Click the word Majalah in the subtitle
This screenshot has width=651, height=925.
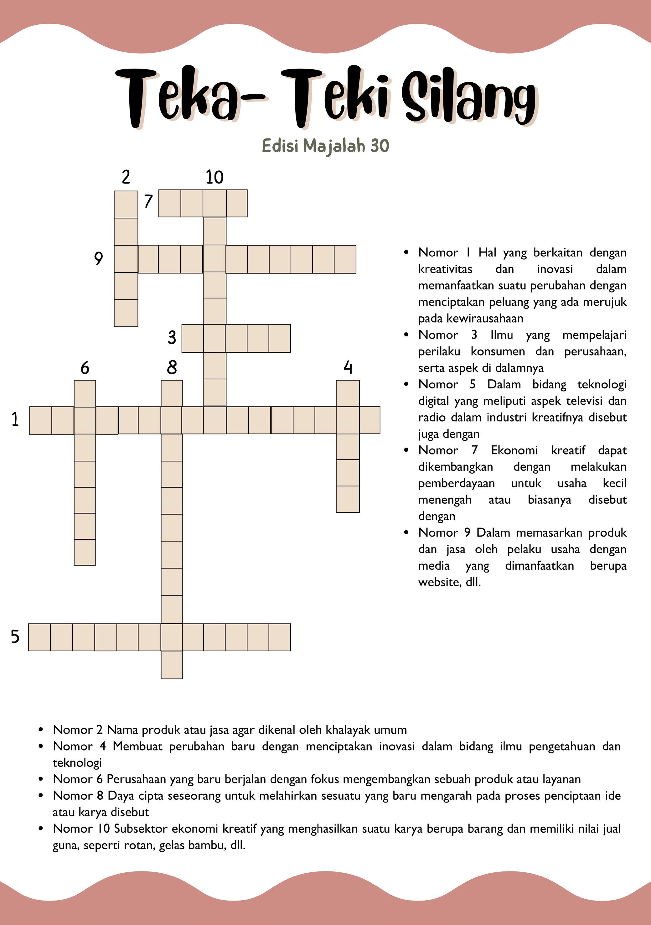click(x=334, y=146)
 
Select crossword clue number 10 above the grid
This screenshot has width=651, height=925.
click(x=214, y=177)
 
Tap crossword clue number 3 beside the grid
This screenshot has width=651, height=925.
click(x=172, y=337)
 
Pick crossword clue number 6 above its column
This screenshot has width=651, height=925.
click(x=85, y=368)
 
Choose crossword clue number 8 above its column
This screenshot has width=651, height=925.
click(x=172, y=367)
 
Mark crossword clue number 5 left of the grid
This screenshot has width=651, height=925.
click(x=15, y=637)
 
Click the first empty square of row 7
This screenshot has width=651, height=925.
click(x=170, y=204)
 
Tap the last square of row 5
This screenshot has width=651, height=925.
click(x=280, y=637)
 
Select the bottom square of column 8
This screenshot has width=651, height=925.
click(x=172, y=665)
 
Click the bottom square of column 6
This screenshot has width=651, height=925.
click(x=85, y=552)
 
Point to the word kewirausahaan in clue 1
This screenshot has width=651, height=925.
click(x=471, y=318)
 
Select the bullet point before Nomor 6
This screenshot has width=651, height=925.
click(x=41, y=779)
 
